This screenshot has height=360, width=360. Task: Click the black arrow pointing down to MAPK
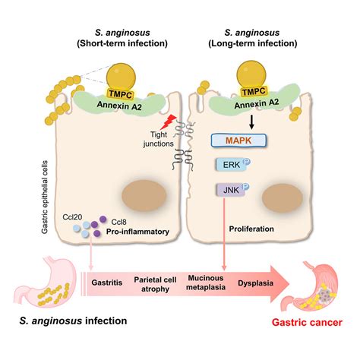(x=251, y=122)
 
